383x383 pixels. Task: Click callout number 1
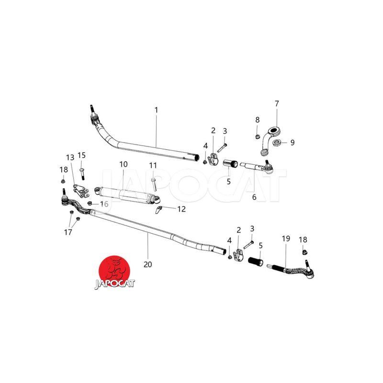[157, 110]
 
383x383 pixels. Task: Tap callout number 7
[277, 103]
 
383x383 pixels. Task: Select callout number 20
[148, 264]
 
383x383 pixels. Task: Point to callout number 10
[124, 164]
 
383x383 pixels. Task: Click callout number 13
[70, 158]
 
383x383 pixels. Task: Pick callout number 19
[286, 238]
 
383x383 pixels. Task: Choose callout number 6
[254, 197]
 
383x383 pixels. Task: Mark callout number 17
[68, 232]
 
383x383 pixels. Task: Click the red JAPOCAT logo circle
[114, 270]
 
